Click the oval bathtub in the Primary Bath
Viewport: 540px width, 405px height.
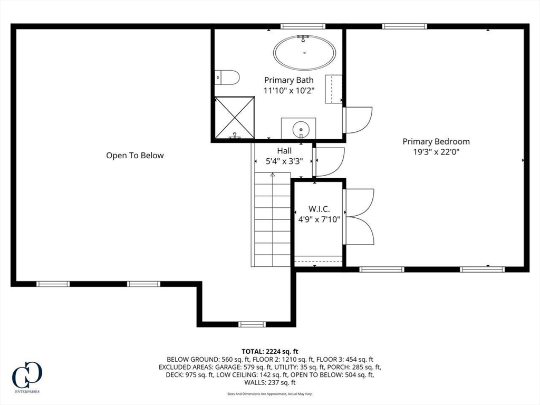point(304,53)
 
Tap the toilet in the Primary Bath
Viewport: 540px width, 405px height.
point(227,78)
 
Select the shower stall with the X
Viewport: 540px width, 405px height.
point(235,118)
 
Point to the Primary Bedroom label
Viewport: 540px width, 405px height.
point(436,141)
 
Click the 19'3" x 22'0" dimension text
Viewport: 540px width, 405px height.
point(436,152)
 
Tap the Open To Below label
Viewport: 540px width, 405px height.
point(134,156)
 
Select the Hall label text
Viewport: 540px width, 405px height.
point(284,151)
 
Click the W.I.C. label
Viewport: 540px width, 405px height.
point(319,209)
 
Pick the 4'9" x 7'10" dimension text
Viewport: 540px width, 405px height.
point(319,219)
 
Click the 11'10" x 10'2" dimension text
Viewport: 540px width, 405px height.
point(289,91)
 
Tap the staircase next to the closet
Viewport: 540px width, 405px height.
point(273,219)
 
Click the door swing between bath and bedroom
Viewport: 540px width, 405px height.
point(358,120)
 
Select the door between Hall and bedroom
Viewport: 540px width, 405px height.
point(329,162)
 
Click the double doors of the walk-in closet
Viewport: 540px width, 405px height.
point(359,217)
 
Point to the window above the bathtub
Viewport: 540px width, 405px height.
point(303,26)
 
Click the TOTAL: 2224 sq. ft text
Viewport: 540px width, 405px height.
point(270,352)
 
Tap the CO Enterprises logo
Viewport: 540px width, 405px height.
point(27,377)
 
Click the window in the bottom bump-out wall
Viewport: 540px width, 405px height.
point(252,324)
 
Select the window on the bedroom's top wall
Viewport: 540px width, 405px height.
point(404,26)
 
